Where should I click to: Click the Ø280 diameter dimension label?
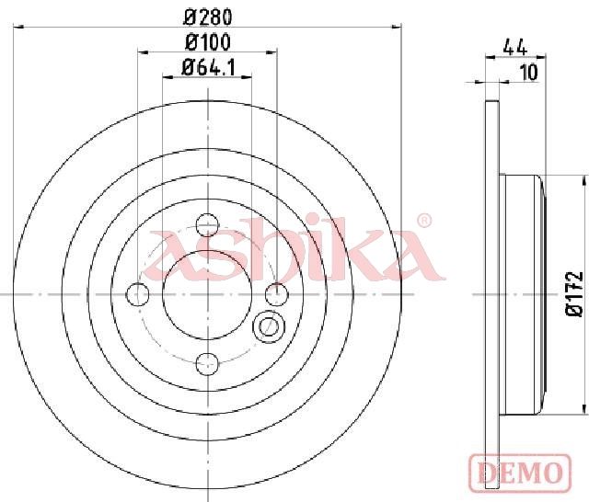(208, 17)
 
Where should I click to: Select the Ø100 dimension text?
(208, 43)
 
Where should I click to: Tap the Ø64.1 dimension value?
(208, 68)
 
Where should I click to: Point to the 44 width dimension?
(515, 48)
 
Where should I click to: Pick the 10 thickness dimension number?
(530, 73)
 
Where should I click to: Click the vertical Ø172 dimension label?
(574, 294)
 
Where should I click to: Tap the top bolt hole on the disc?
(208, 225)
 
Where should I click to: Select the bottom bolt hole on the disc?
(207, 363)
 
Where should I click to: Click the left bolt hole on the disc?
(138, 294)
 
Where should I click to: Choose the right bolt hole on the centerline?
(276, 294)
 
